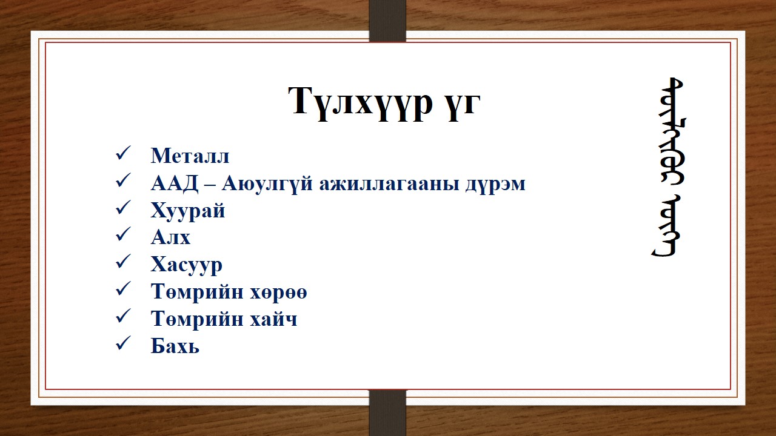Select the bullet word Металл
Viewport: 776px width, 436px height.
coord(190,156)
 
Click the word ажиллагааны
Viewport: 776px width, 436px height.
coord(384,183)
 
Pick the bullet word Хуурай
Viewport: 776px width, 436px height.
coord(188,210)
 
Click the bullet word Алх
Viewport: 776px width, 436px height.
coord(170,237)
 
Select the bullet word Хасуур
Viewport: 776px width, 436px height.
coord(187,265)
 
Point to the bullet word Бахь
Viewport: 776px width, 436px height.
coord(175,346)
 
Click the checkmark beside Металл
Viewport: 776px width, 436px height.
coord(122,154)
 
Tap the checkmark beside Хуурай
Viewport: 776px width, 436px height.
coord(122,209)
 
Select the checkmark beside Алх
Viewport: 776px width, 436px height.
coord(122,236)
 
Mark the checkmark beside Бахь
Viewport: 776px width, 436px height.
coord(122,345)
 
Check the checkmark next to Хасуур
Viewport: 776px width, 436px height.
coord(122,263)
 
